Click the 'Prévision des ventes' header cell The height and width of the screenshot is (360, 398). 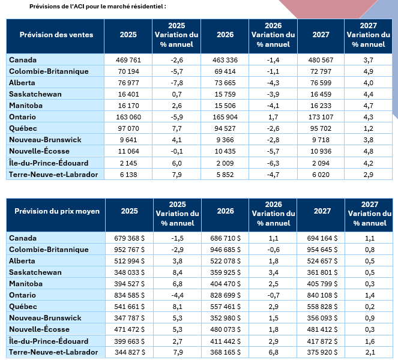[x=56, y=35]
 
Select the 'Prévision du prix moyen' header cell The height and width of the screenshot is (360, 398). [x=57, y=211]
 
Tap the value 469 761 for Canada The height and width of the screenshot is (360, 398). [x=128, y=60]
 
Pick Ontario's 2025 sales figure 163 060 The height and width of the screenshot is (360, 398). [x=128, y=117]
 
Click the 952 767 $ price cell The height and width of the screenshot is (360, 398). [x=129, y=250]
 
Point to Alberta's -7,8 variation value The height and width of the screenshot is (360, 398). [x=176, y=83]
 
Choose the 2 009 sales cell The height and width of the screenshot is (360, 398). [x=225, y=163]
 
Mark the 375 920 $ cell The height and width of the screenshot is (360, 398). [x=322, y=352]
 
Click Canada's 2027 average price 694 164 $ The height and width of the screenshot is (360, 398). [x=322, y=238]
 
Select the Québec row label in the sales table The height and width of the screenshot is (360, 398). [x=23, y=128]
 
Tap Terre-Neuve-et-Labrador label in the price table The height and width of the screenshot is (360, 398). [x=53, y=352]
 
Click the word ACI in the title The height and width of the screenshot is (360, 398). [x=79, y=7]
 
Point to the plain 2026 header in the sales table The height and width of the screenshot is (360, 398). [x=225, y=35]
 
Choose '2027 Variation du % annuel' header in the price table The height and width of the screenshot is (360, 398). [x=370, y=214]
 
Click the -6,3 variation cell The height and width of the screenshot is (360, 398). [x=273, y=163]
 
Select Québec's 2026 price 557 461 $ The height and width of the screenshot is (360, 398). [x=225, y=307]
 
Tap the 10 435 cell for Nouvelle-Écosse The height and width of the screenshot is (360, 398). [x=225, y=151]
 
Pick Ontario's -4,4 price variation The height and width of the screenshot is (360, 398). [x=178, y=295]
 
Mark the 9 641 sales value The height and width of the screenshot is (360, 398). [x=128, y=140]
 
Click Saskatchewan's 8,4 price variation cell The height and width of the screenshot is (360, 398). [x=178, y=272]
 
